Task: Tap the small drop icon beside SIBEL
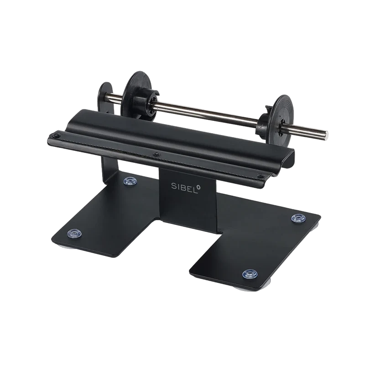(198, 187)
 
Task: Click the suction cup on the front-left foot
(74, 233)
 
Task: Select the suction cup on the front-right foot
(250, 274)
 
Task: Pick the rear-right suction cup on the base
(299, 218)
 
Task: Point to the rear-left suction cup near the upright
(130, 181)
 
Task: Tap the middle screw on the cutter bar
(157, 154)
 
